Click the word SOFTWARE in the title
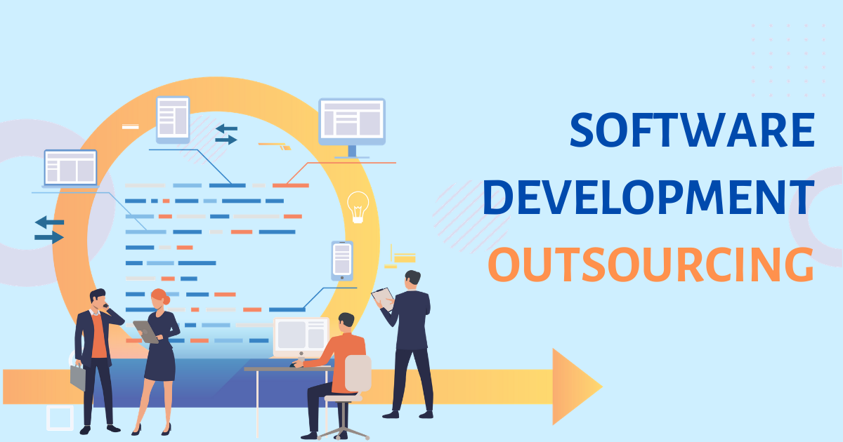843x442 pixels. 693,130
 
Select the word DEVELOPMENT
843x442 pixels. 649,197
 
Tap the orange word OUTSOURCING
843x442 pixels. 651,264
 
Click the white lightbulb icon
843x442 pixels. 358,207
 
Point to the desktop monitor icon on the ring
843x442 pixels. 352,128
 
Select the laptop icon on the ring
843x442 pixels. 70,168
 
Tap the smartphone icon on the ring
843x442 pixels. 342,260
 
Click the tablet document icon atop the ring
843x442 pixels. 173,119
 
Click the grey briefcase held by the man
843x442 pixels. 78,377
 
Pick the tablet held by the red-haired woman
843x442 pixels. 145,332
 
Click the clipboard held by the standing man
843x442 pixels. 383,299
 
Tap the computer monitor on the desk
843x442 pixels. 301,337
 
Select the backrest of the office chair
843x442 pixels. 358,373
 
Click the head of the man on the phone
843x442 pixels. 98,299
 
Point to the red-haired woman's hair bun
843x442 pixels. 166,300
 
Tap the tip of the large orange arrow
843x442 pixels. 602,387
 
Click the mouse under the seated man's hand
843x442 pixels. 293,365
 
